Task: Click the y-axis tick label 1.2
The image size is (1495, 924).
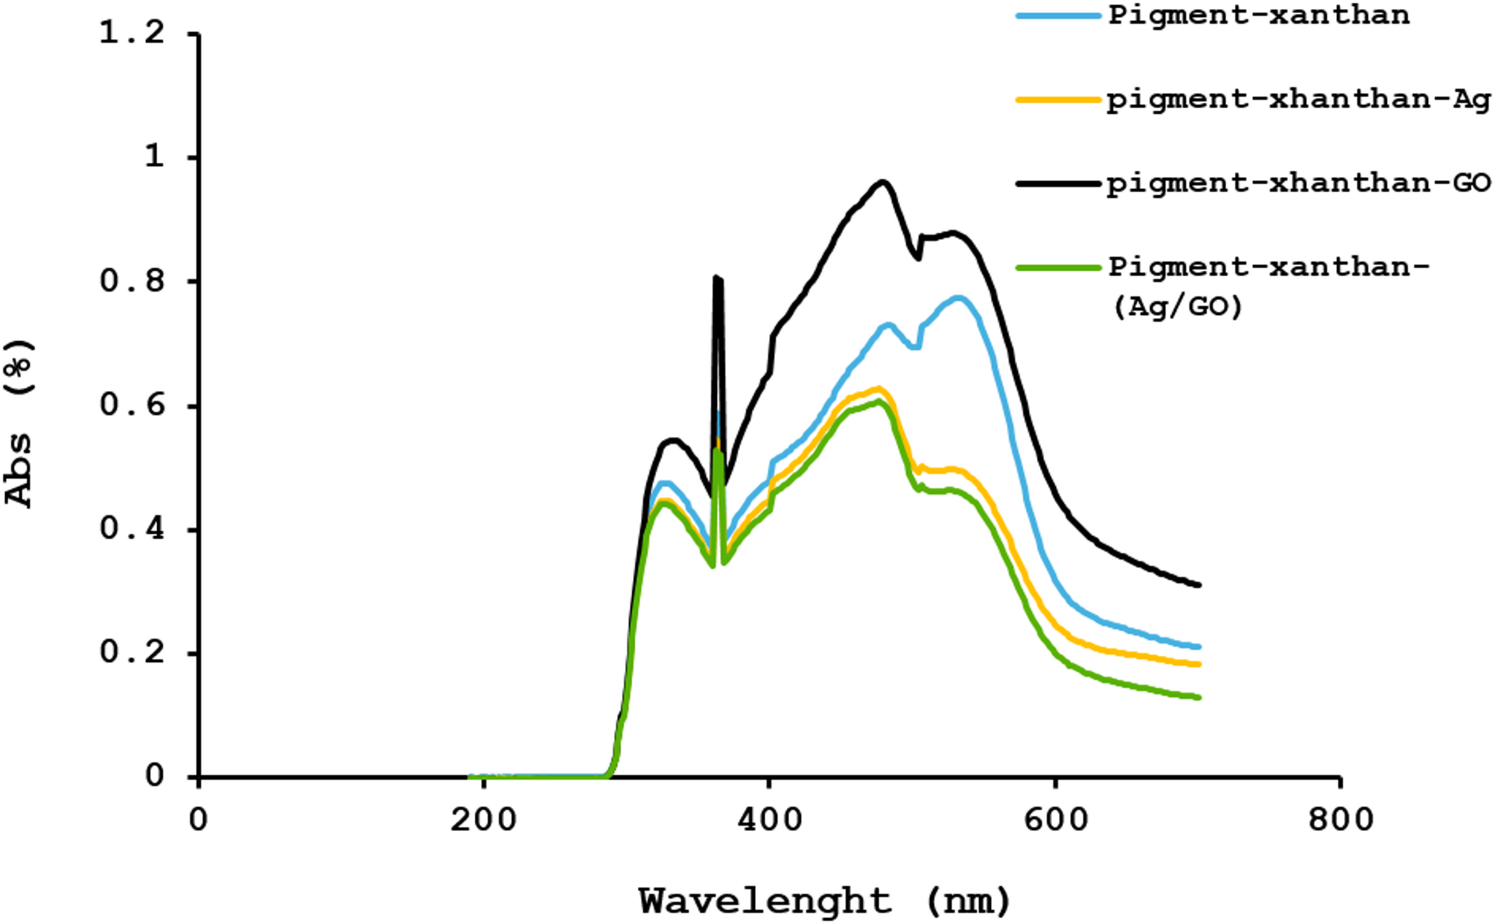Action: pos(132,34)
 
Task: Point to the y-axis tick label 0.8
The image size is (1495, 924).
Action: pos(132,281)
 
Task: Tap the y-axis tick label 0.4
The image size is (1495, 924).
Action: pos(132,529)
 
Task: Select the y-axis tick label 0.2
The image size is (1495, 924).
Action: pos(132,653)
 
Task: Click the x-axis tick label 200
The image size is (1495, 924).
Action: pos(483,821)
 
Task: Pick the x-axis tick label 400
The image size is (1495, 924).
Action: pos(769,821)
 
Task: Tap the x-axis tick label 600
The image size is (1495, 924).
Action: pos(1055,821)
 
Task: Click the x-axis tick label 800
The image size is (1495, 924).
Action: pos(1340,821)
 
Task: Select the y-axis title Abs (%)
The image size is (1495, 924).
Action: pos(20,423)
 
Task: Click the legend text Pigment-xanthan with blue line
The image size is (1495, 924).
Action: pos(1258,16)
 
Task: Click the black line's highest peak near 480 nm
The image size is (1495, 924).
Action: pos(883,182)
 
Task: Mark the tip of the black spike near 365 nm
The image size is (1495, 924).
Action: pos(716,278)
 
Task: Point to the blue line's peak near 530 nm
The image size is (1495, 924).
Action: pos(959,298)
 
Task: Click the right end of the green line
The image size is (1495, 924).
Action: pos(1199,698)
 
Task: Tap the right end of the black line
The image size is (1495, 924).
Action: pos(1199,585)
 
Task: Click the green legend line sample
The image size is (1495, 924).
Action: pos(1058,267)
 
